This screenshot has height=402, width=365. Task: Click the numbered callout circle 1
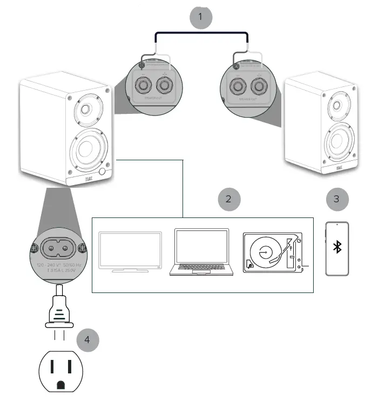tap(200, 16)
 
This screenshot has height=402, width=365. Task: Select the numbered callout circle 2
tap(228, 199)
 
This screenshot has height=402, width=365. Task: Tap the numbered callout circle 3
tap(337, 199)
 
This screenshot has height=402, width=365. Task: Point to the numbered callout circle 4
tap(87, 340)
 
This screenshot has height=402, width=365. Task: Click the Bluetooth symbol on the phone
tap(337, 248)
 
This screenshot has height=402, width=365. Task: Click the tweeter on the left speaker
tap(85, 112)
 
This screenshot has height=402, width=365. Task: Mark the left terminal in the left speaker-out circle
tap(145, 85)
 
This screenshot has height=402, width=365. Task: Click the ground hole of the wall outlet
tap(61, 384)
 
